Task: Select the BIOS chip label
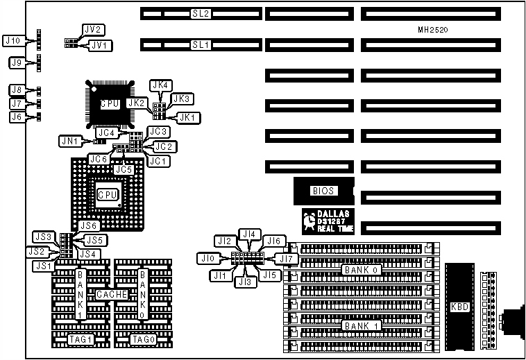322,189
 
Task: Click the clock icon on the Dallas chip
309,221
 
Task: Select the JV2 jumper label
93,30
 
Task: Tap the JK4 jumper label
161,85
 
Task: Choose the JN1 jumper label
69,142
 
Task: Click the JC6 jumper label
98,159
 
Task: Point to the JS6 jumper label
89,225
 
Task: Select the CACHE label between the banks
112,294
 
